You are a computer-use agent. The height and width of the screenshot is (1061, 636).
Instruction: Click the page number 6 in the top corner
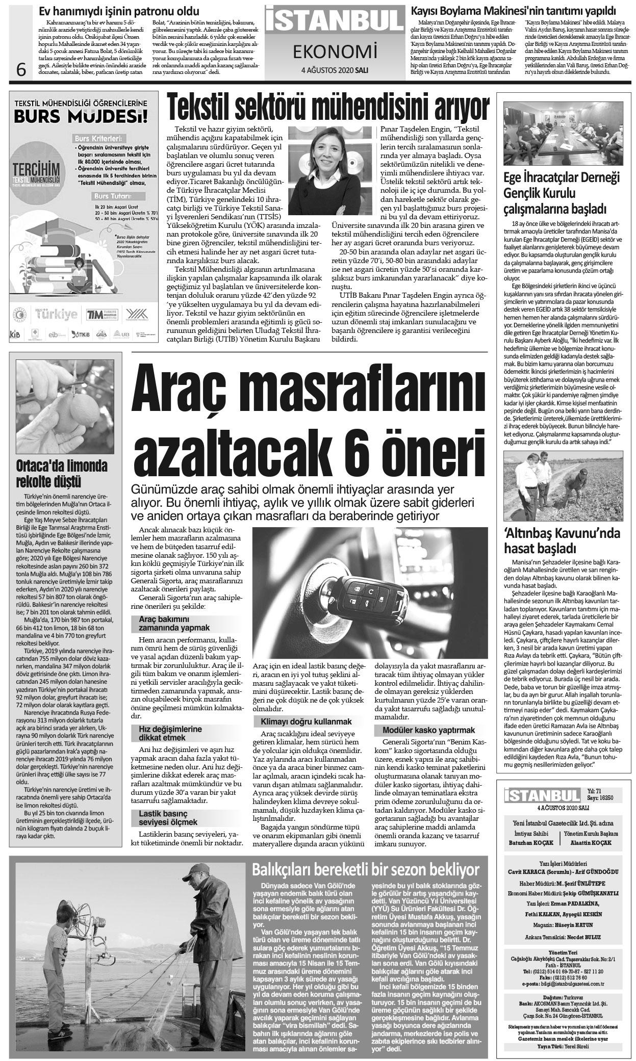[21, 68]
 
